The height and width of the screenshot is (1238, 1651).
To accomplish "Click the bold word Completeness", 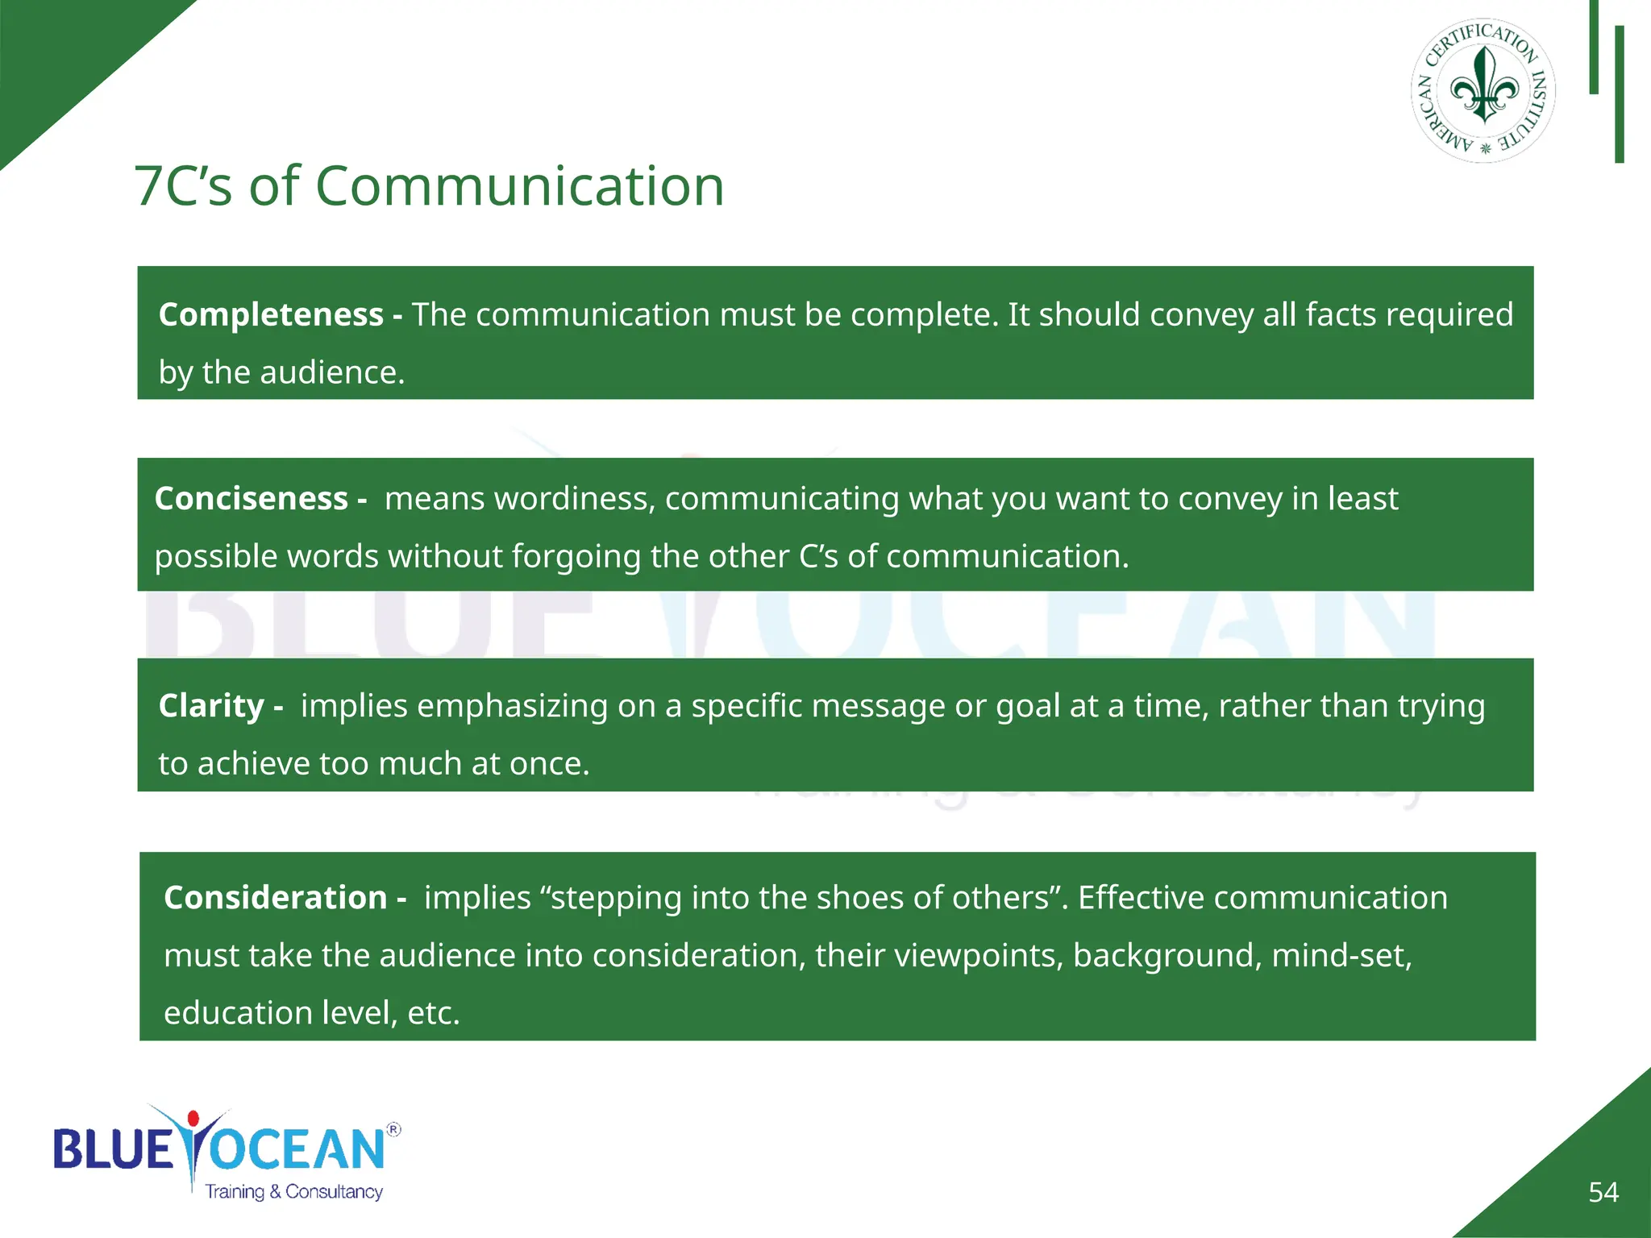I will [x=271, y=314].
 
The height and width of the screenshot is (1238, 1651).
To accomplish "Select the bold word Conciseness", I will [x=251, y=499].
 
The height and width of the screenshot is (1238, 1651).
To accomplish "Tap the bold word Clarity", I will [x=211, y=706].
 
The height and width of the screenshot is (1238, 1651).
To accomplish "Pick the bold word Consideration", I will [x=275, y=898].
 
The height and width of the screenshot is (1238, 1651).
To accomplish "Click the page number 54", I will [x=1603, y=1192].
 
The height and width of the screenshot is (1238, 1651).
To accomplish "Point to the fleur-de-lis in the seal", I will [x=1484, y=84].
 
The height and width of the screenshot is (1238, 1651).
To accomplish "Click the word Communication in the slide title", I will [x=519, y=186].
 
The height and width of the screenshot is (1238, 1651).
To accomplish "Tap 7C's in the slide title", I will [x=183, y=186].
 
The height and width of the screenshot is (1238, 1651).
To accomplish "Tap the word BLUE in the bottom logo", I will [x=113, y=1149].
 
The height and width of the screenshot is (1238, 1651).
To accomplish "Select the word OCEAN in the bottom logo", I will [x=298, y=1149].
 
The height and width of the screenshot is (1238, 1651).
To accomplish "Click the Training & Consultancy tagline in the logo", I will [x=293, y=1191].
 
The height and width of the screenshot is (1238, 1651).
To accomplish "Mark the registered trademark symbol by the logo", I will [x=393, y=1129].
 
